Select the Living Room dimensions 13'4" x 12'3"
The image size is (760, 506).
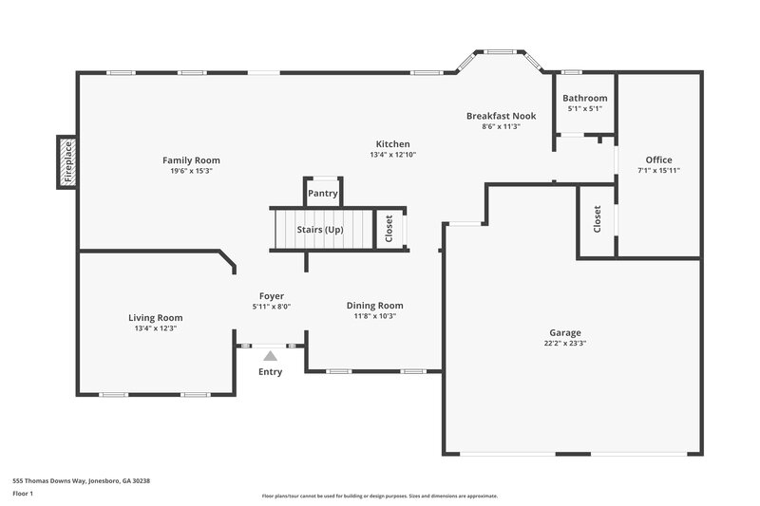click(156, 328)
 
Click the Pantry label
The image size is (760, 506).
click(323, 194)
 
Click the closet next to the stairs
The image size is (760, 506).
click(389, 228)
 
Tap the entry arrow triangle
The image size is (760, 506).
click(271, 356)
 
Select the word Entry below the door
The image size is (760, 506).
click(271, 371)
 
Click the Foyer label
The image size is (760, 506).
click(272, 296)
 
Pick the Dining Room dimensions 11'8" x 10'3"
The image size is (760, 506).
click(378, 316)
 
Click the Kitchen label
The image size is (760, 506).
click(392, 144)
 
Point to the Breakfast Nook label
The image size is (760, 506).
click(501, 116)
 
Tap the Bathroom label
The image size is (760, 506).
click(584, 98)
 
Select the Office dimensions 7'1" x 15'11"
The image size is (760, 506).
click(658, 170)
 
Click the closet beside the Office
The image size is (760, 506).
click(597, 219)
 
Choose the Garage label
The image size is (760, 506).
click(564, 333)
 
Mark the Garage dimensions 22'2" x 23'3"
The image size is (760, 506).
click(564, 344)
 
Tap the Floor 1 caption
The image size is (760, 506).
click(23, 494)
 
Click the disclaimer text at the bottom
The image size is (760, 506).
click(379, 496)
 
